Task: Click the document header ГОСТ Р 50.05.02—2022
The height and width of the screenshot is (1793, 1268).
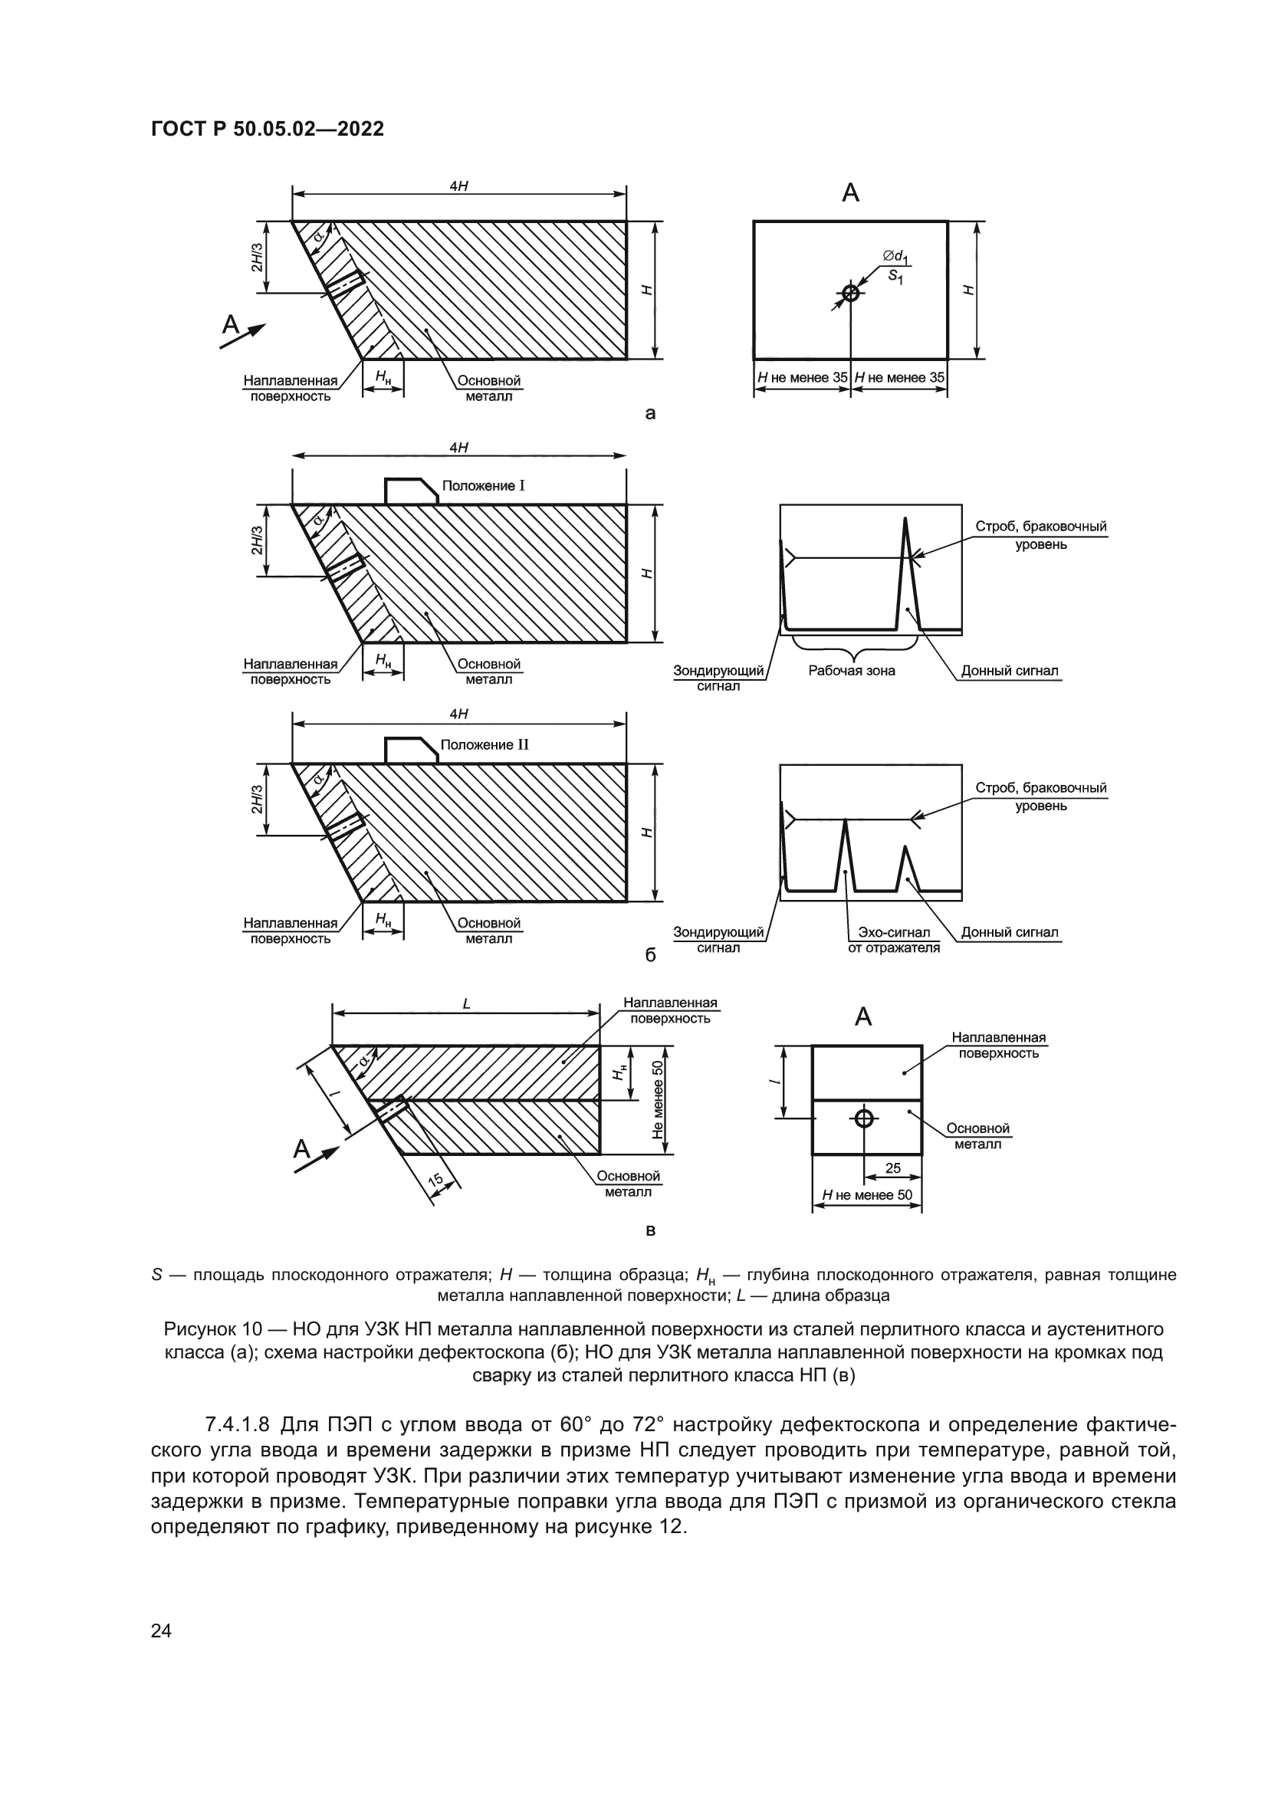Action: point(267,129)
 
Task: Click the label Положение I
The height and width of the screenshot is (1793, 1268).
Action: point(482,486)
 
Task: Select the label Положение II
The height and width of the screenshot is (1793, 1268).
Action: point(484,744)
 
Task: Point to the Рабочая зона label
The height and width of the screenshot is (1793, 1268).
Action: point(851,670)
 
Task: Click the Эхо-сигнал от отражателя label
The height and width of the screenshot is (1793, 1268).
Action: point(893,940)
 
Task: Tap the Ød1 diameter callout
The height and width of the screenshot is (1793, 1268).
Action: point(895,255)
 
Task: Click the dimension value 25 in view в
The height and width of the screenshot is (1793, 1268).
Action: point(893,1168)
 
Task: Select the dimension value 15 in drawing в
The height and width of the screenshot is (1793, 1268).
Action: point(435,1181)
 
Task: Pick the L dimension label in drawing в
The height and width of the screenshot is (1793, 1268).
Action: point(466,1004)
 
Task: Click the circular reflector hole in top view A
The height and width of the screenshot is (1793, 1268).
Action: point(850,294)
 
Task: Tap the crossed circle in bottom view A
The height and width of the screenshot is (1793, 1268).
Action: point(863,1118)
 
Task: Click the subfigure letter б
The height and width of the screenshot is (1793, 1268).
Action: point(649,955)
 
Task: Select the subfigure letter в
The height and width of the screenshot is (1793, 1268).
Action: point(649,1232)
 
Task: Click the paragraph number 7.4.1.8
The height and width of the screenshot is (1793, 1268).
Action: point(238,1424)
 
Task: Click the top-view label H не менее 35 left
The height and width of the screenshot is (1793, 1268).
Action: point(802,378)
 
